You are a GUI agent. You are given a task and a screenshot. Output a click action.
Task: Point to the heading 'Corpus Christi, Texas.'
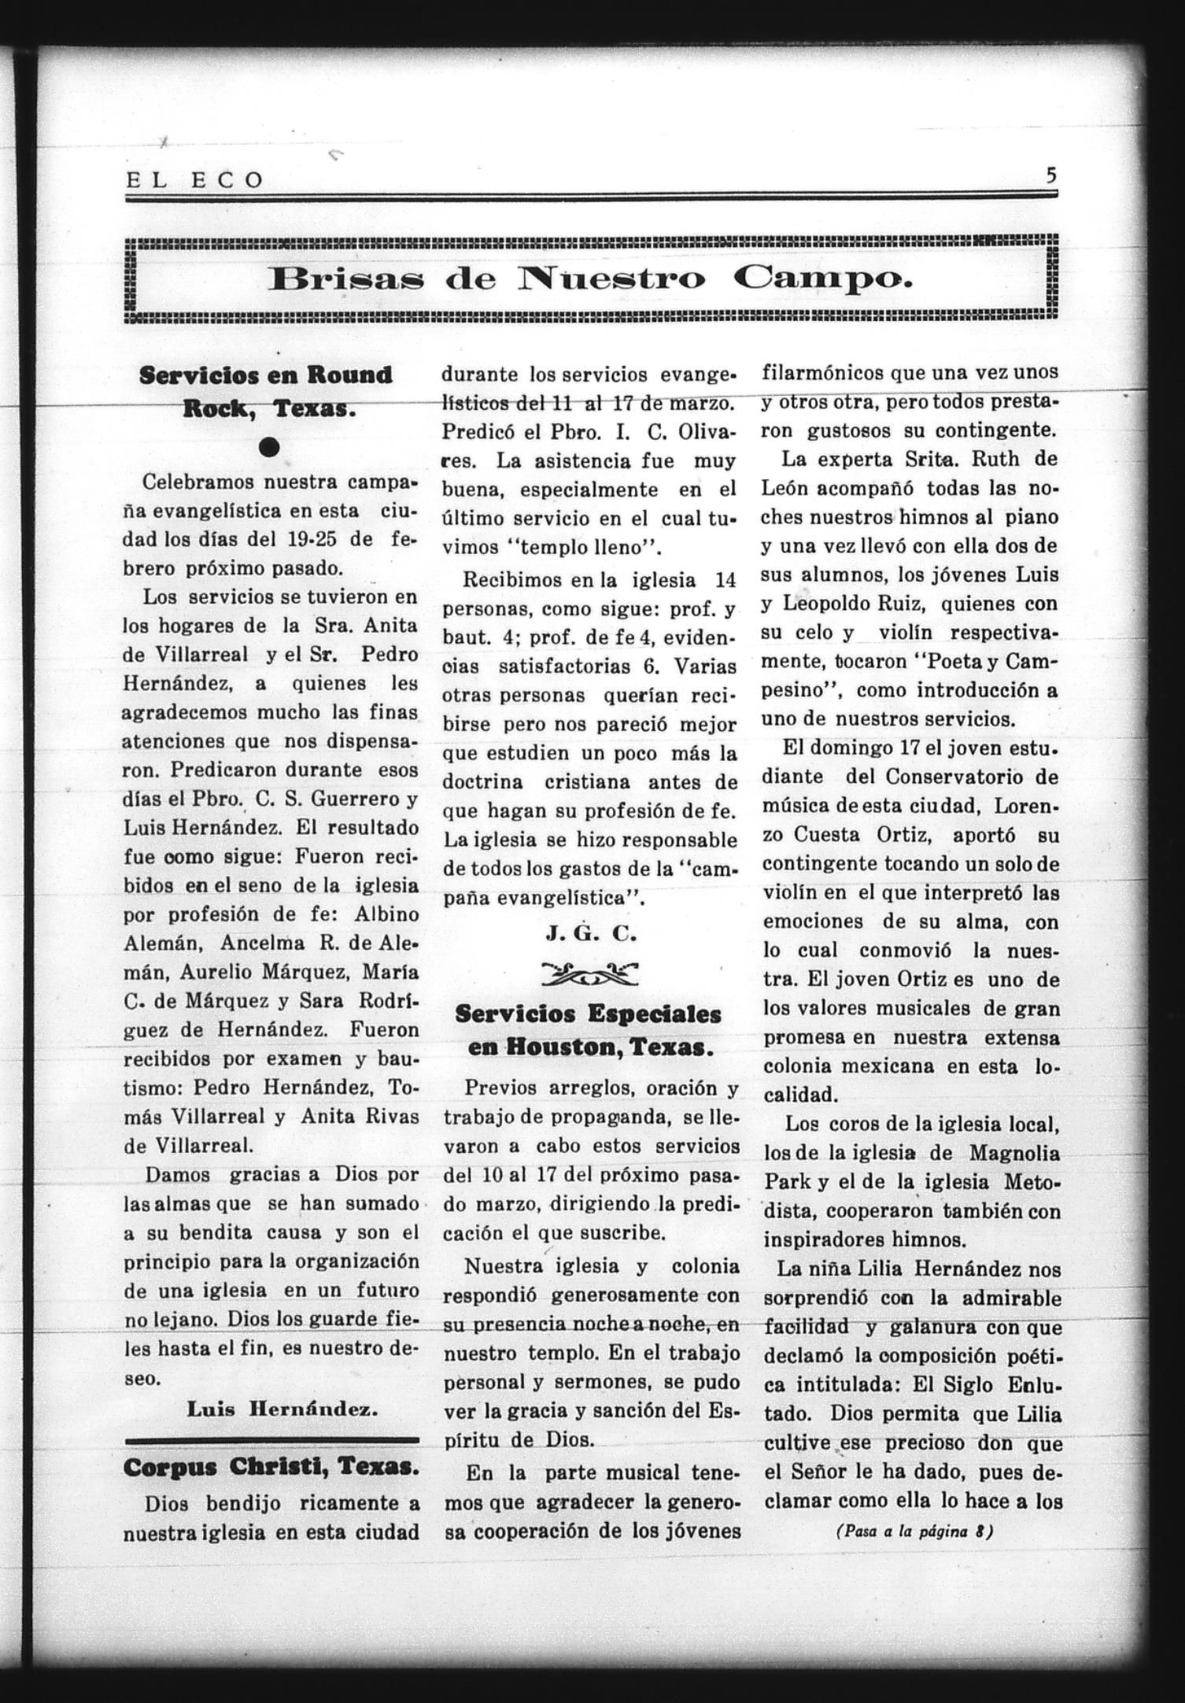(x=270, y=1468)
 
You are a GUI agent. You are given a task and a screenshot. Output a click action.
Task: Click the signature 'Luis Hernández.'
(x=282, y=1409)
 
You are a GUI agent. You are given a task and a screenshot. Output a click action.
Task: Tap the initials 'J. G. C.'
(x=590, y=934)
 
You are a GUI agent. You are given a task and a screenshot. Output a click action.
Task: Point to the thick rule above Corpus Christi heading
(x=271, y=1440)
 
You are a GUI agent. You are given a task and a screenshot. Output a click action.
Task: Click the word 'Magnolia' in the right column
(x=1014, y=1154)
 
